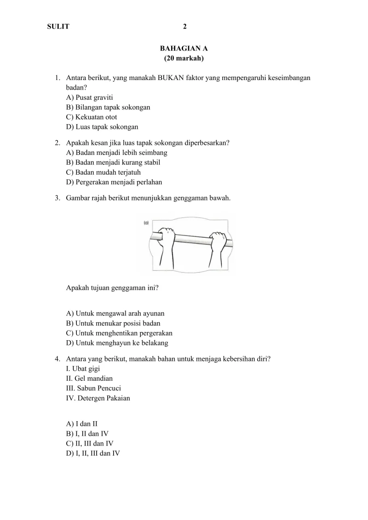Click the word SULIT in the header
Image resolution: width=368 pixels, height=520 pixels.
(x=58, y=27)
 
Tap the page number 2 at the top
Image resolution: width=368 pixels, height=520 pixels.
(x=184, y=27)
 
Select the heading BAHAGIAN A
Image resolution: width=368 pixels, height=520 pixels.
(x=184, y=48)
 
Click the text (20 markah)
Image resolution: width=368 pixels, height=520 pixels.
(x=184, y=58)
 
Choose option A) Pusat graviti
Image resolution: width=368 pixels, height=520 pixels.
(x=90, y=97)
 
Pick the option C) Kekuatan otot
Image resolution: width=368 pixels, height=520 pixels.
(x=92, y=117)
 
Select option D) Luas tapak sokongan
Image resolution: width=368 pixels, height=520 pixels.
(x=102, y=127)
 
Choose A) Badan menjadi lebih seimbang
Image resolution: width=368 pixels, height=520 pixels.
(x=117, y=153)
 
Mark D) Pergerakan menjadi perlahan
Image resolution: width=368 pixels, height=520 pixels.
(x=114, y=182)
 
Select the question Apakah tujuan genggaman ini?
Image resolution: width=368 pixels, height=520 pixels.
(x=113, y=288)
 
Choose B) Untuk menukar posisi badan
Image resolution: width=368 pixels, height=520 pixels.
(x=113, y=323)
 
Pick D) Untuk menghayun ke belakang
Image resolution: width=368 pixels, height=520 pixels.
(x=117, y=343)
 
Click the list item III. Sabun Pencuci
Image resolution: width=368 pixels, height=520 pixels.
(x=93, y=389)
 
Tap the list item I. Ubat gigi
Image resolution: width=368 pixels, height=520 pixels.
(x=83, y=369)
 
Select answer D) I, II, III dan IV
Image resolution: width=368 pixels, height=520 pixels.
(x=93, y=453)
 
